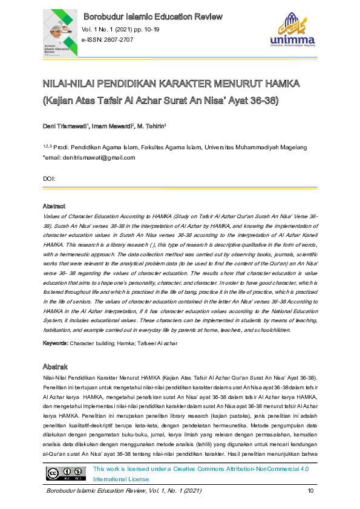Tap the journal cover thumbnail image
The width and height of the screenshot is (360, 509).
tap(59, 36)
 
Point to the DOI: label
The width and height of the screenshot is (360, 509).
tap(49, 179)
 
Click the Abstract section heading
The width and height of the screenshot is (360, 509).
tap(54, 206)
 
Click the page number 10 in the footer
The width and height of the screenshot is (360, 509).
tap(311, 490)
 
